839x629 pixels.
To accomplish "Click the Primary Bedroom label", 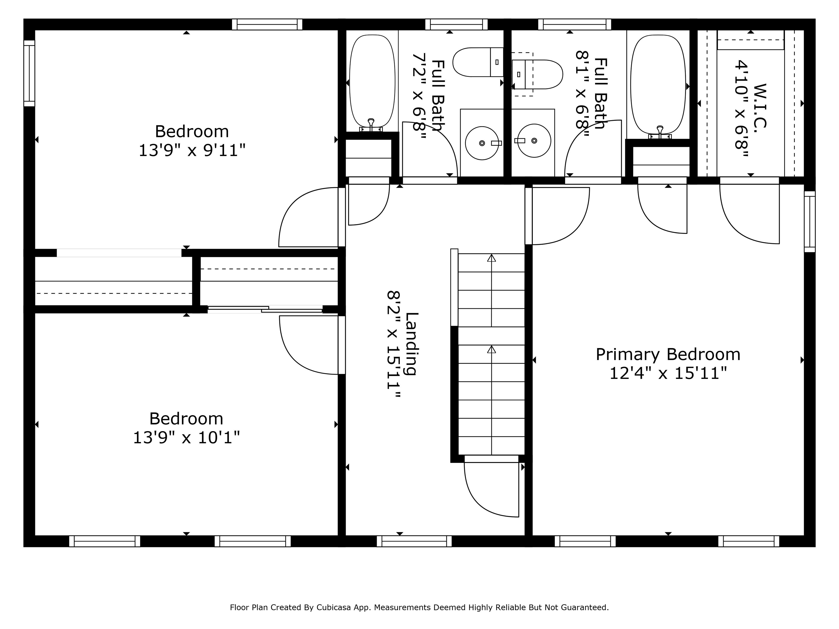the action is pos(668,355).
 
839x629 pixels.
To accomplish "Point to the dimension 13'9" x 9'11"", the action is pos(192,150).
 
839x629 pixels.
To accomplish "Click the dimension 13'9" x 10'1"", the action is pos(186,438).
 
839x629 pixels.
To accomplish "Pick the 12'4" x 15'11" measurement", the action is pos(668,373).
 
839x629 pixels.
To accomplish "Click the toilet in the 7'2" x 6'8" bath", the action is pos(478,62).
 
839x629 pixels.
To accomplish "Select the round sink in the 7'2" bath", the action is pos(482,143).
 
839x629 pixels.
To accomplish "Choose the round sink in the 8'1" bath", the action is pos(534,141).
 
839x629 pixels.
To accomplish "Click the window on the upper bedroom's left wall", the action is pos(29,73).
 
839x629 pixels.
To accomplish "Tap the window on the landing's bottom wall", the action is pos(414,541).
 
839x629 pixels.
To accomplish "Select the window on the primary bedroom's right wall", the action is pos(810,221).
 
